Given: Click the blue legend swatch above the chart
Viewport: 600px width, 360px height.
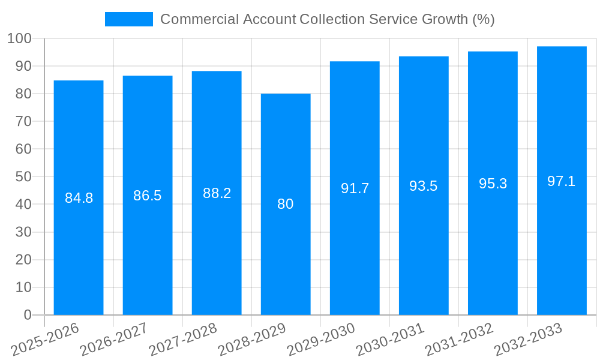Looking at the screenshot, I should click(128, 19).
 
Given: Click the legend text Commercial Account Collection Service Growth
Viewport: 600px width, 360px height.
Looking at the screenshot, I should click(327, 19).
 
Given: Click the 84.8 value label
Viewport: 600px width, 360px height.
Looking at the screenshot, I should click(79, 198).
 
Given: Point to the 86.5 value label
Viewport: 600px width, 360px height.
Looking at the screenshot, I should click(148, 196).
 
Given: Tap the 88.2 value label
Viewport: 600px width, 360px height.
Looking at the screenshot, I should click(217, 193).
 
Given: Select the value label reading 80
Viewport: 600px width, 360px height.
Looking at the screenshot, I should click(286, 204).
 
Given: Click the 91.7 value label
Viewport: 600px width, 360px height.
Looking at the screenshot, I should click(355, 188).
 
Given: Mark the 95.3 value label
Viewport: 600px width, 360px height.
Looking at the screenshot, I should click(493, 184).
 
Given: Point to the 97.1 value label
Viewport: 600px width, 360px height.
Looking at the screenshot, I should click(562, 181).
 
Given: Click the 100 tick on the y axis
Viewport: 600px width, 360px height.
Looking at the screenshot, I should click(20, 39).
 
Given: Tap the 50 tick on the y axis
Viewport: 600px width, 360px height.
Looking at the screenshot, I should click(23, 177).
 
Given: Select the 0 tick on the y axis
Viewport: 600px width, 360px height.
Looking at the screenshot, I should click(27, 315).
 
